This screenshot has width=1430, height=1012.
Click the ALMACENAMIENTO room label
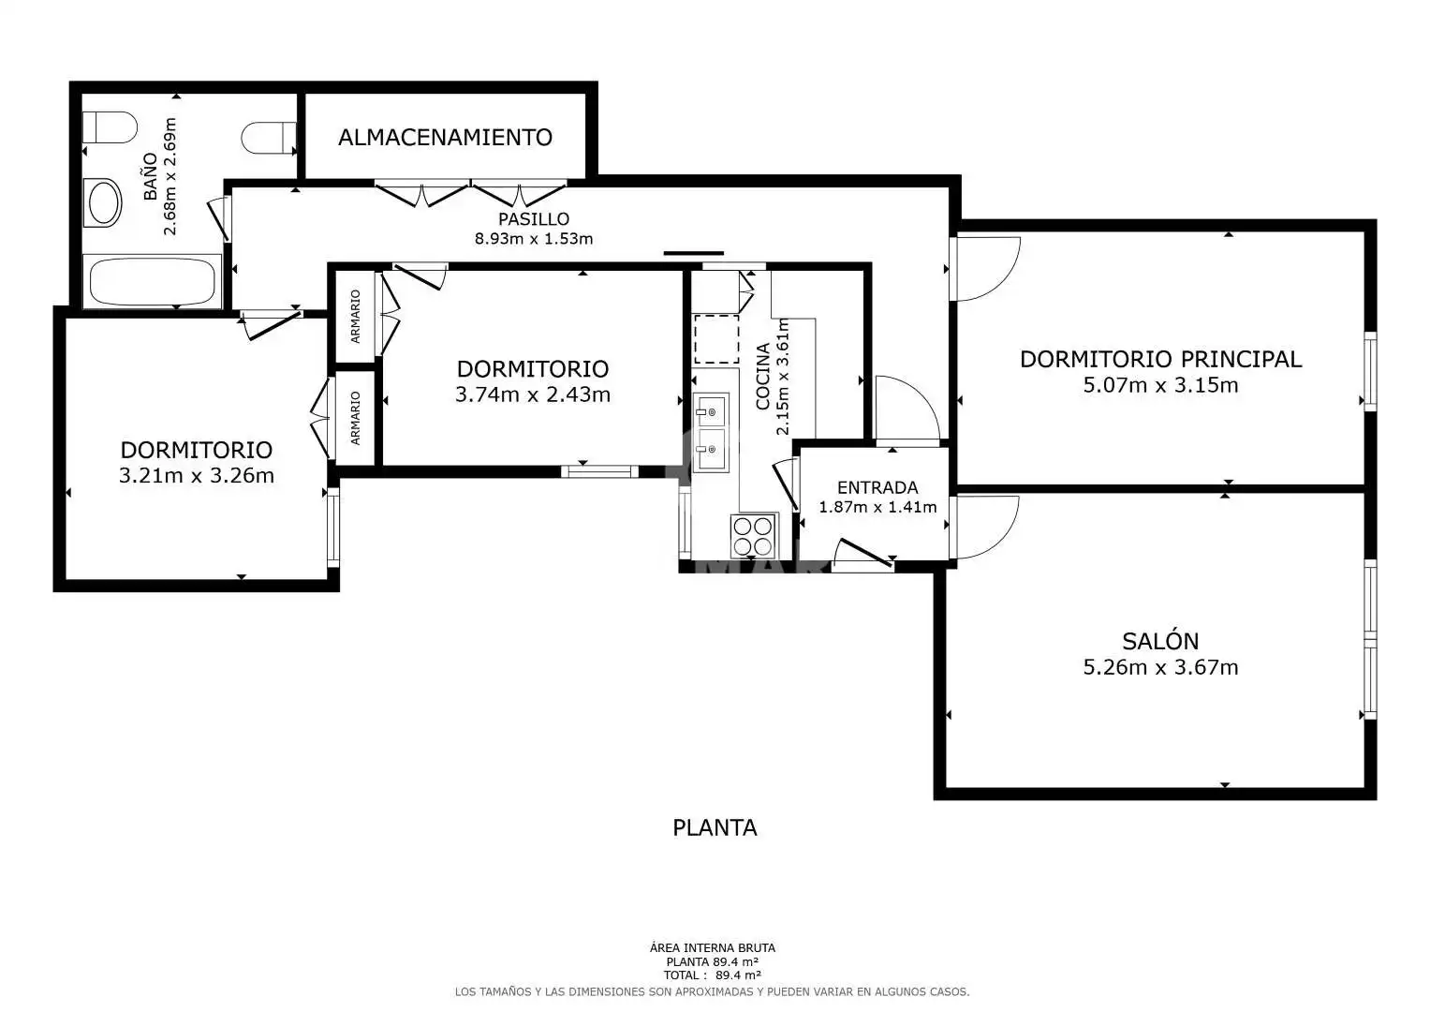pos(445,138)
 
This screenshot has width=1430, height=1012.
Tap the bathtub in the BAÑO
pos(152,282)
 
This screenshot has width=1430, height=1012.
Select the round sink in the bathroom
pos(103,202)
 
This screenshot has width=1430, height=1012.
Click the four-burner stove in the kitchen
pos(754,535)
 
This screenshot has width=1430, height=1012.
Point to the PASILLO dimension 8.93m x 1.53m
pos(533,239)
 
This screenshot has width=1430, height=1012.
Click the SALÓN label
pos(1160,641)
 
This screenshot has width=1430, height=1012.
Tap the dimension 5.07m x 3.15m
pos(1160,385)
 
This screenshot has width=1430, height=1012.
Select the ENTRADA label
pos(877,487)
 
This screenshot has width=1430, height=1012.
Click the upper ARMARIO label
pos(355,317)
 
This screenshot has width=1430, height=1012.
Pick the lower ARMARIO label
pos(355,418)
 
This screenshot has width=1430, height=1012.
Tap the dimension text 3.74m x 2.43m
pos(533,394)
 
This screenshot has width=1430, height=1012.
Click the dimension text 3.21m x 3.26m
pos(196,476)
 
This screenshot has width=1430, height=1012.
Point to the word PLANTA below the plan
pos(715,828)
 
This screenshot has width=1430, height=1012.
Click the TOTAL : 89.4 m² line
pos(712,975)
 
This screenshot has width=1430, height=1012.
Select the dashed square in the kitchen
pos(716,339)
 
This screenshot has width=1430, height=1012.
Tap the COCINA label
pos(762,377)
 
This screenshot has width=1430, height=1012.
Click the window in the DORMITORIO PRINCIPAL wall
pos(1370,371)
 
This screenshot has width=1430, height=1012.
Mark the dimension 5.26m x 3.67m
pos(1160,667)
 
